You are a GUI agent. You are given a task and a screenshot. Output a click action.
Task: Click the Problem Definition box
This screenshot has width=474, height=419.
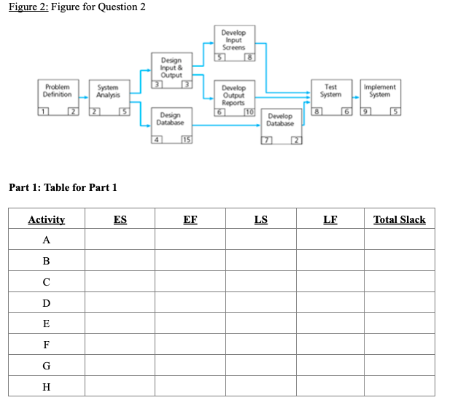[x=58, y=94]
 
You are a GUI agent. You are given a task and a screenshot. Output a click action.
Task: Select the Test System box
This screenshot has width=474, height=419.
[x=330, y=94]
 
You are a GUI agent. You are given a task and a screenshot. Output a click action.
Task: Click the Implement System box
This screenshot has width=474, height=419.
[x=379, y=94]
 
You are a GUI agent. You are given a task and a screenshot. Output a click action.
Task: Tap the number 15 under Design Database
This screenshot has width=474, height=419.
[x=187, y=140]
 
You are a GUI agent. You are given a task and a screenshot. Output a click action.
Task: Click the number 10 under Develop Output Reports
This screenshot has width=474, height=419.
[x=249, y=111]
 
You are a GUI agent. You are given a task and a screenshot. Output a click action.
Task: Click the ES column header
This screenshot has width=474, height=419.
[x=120, y=219]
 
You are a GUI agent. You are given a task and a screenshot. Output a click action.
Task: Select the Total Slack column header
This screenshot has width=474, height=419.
[x=399, y=219]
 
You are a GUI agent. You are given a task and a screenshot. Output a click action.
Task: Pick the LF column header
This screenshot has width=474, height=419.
[x=330, y=219]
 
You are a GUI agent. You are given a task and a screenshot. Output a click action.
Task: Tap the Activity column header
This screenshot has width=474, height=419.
[x=47, y=219]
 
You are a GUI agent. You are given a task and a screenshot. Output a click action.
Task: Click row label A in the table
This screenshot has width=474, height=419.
[x=47, y=240]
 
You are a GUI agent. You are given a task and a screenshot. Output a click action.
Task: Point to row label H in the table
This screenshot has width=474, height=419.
[x=47, y=387]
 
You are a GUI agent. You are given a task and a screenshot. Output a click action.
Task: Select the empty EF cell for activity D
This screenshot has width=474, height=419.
[x=190, y=303]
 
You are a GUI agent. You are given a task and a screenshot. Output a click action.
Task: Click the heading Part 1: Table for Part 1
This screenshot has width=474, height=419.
[x=63, y=188]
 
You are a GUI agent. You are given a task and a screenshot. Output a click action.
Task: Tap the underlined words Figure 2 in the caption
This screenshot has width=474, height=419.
[x=26, y=7]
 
